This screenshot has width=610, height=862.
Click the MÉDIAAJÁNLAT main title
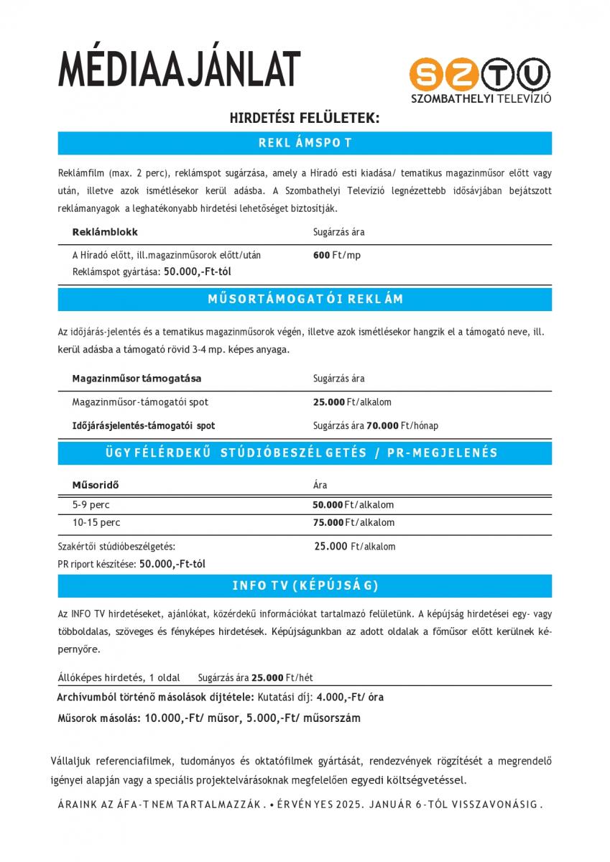179,70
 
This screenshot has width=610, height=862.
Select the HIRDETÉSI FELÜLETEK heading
304,117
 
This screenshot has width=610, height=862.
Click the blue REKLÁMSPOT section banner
305,143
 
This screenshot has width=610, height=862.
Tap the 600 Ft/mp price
337,256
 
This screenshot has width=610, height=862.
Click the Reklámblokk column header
105,232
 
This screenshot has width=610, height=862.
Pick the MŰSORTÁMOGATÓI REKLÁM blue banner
305,299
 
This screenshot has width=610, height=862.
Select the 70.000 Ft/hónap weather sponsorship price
402,425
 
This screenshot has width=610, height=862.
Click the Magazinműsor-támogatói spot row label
140,402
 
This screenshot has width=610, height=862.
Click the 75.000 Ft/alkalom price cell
353,523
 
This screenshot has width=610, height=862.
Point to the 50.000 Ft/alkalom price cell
353,505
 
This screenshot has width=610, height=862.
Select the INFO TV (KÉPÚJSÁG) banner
305,585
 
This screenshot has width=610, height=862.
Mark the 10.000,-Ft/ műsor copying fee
193,718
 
